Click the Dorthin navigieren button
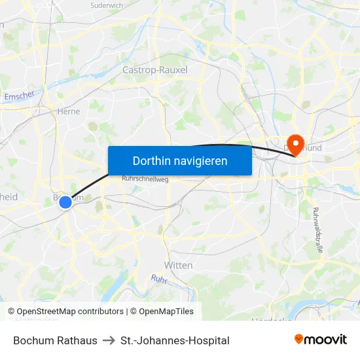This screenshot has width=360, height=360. pyautogui.click(x=180, y=160)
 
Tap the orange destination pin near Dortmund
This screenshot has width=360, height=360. pyautogui.click(x=296, y=143)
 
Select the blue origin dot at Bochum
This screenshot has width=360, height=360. pyautogui.click(x=65, y=202)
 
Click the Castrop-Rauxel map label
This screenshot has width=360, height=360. pyautogui.click(x=155, y=70)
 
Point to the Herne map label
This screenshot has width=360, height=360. pyautogui.click(x=69, y=111)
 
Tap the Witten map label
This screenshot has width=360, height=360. pyautogui.click(x=178, y=265)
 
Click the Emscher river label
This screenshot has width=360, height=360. pyautogui.click(x=18, y=96)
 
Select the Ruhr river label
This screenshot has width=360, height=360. pyautogui.click(x=160, y=279)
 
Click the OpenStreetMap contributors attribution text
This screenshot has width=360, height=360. pyautogui.click(x=69, y=312)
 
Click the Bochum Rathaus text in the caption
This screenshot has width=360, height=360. pyautogui.click(x=55, y=340)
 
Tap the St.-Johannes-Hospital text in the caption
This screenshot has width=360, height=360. pyautogui.click(x=175, y=340)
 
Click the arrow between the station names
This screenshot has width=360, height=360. pyautogui.click(x=109, y=340)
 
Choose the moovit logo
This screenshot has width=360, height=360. pyautogui.click(x=320, y=340)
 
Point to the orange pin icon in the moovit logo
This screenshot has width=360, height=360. pyautogui.click(x=299, y=339)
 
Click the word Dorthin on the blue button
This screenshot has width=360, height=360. pyautogui.click(x=147, y=160)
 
